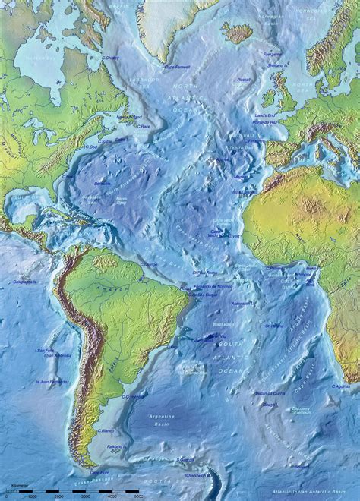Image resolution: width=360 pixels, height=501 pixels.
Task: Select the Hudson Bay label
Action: click(x=37, y=58)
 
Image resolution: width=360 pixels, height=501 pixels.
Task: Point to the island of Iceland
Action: click(x=236, y=32)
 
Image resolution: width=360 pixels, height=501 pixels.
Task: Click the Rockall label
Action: click(x=243, y=79)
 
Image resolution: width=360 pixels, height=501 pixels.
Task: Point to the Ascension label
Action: click(x=242, y=303)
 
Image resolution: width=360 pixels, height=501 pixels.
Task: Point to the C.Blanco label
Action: click(x=106, y=431)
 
